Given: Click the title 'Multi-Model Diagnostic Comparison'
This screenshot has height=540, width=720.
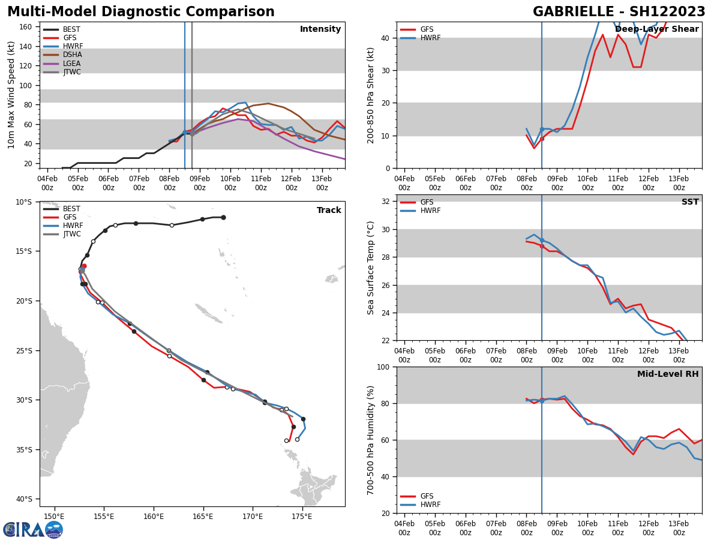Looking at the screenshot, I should [141, 12].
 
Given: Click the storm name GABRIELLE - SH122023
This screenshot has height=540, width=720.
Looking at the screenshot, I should [619, 12].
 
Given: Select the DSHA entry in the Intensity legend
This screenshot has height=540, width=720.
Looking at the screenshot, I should [72, 55].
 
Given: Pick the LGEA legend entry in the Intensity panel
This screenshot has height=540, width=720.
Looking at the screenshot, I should [71, 64].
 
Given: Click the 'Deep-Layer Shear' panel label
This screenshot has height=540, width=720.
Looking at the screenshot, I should [656, 29].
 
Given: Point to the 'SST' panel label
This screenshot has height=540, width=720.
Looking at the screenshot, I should [689, 202].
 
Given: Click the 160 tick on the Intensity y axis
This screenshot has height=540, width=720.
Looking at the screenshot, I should [26, 27].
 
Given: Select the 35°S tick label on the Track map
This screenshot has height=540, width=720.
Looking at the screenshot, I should [23, 449].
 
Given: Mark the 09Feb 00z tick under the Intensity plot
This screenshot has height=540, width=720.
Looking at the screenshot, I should [200, 182].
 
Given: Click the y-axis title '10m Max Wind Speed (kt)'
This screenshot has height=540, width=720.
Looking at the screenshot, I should [11, 95].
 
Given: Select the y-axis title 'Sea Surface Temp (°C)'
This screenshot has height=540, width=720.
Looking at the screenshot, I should [371, 268].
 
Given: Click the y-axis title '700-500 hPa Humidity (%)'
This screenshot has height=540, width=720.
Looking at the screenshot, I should [371, 440].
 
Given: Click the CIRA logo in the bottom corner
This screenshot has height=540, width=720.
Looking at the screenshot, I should [33, 530].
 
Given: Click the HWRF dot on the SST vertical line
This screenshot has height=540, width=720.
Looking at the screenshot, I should [542, 240].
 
